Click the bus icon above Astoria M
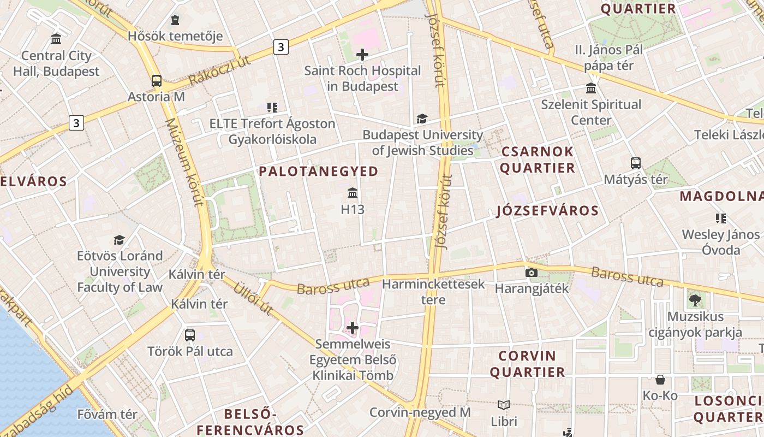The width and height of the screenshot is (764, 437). point(157,81)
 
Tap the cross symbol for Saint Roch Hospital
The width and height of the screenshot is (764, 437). point(362,55)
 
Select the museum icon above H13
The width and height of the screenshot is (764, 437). point(353,193)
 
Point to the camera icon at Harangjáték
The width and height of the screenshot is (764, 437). point(532,273)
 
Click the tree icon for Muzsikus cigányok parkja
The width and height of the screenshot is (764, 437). point(695,300)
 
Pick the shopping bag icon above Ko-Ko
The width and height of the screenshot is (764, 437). point(660,380)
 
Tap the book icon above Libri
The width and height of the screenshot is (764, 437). point(504,405)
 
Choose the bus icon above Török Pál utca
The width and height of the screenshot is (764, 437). point(190,335)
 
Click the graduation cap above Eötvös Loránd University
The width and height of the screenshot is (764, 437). point(119,240)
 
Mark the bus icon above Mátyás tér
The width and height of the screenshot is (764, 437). point(636,163)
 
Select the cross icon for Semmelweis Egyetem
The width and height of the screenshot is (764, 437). point(353,328)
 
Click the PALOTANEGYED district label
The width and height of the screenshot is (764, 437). point(318,172)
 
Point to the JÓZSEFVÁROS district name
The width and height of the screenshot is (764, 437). point(547,211)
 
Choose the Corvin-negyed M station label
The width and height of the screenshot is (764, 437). point(420,412)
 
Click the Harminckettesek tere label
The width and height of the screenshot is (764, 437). point(433,292)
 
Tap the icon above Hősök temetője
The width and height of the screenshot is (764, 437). point(175,21)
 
